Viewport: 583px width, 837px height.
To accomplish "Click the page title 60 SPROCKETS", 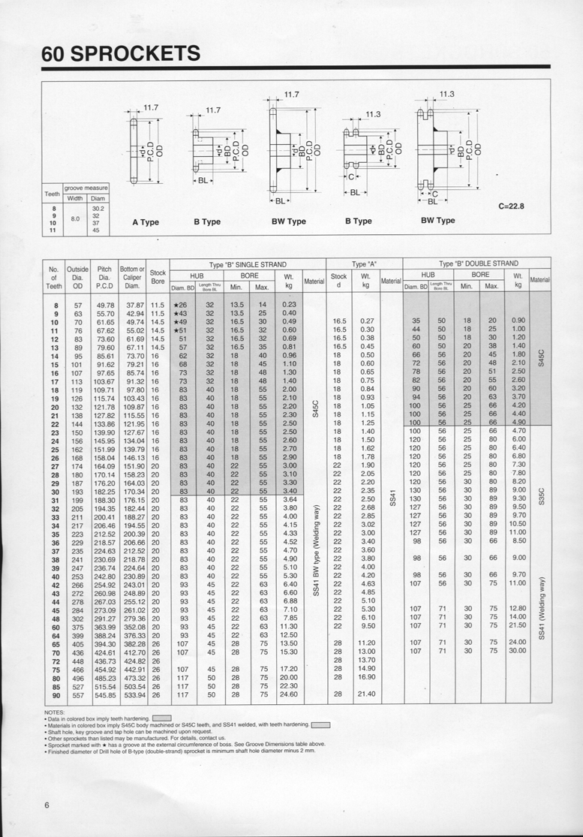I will tap(121, 54).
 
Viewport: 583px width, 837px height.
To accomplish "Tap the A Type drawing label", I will tap(146, 221).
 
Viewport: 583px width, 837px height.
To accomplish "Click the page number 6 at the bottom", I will tap(47, 805).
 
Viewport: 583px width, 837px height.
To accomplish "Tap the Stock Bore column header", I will tap(158, 277).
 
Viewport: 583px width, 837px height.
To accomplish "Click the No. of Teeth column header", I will tap(54, 276).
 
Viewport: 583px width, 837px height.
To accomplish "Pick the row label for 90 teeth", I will tap(55, 694).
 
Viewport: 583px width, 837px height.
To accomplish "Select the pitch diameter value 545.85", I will tap(105, 694).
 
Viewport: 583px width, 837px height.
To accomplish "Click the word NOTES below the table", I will tap(55, 711).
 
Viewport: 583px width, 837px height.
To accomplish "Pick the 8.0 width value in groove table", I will tap(76, 219).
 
